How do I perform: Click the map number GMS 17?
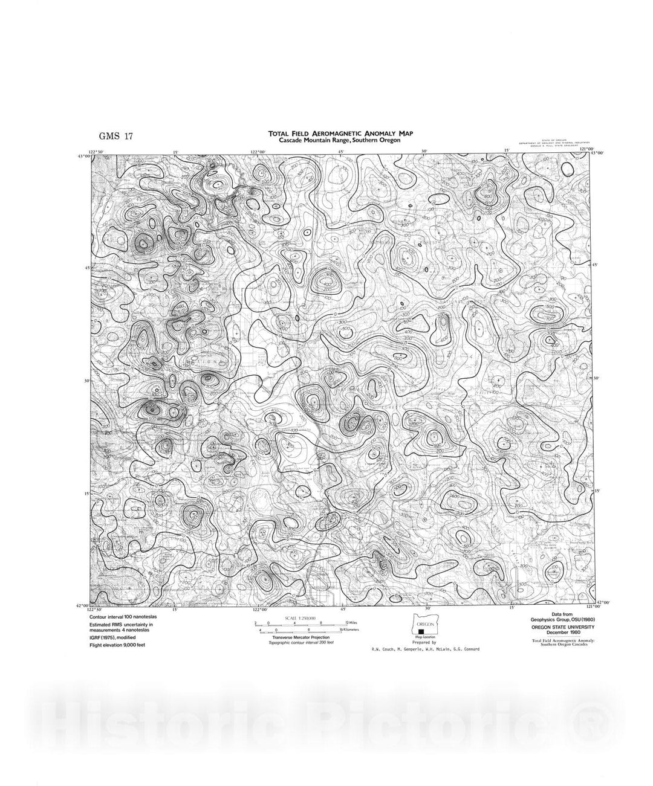point(115,136)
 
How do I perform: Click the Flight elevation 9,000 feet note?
point(117,645)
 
